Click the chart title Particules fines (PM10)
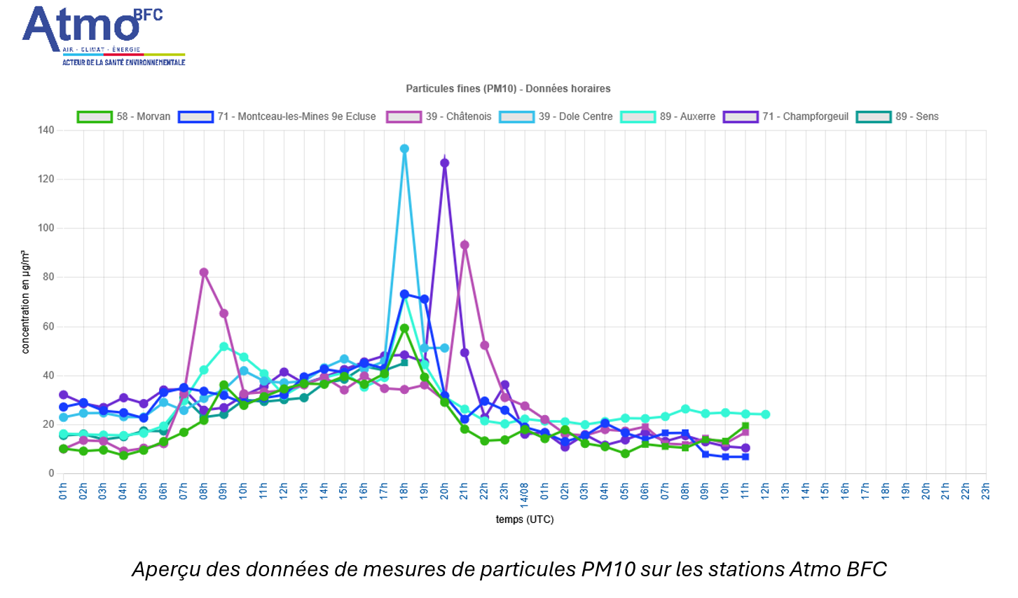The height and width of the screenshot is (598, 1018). pyautogui.click(x=508, y=88)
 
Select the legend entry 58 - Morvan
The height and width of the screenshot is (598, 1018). pyautogui.click(x=125, y=116)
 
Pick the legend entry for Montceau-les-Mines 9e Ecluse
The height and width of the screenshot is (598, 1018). pyautogui.click(x=277, y=116)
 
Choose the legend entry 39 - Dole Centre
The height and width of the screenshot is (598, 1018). pyautogui.click(x=556, y=116)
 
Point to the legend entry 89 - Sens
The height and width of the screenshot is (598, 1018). pyautogui.click(x=898, y=116)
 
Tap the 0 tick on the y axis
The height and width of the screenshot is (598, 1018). pyautogui.click(x=50, y=473)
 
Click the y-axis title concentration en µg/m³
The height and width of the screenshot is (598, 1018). pyautogui.click(x=26, y=301)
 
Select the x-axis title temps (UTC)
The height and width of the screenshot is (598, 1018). pyautogui.click(x=524, y=519)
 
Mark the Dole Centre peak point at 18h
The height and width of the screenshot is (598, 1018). pyautogui.click(x=404, y=149)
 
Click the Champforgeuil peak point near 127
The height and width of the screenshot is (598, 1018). pyautogui.click(x=444, y=163)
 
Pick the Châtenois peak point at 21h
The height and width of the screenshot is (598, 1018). pyautogui.click(x=465, y=245)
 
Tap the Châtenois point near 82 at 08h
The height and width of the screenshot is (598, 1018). pyautogui.click(x=204, y=272)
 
